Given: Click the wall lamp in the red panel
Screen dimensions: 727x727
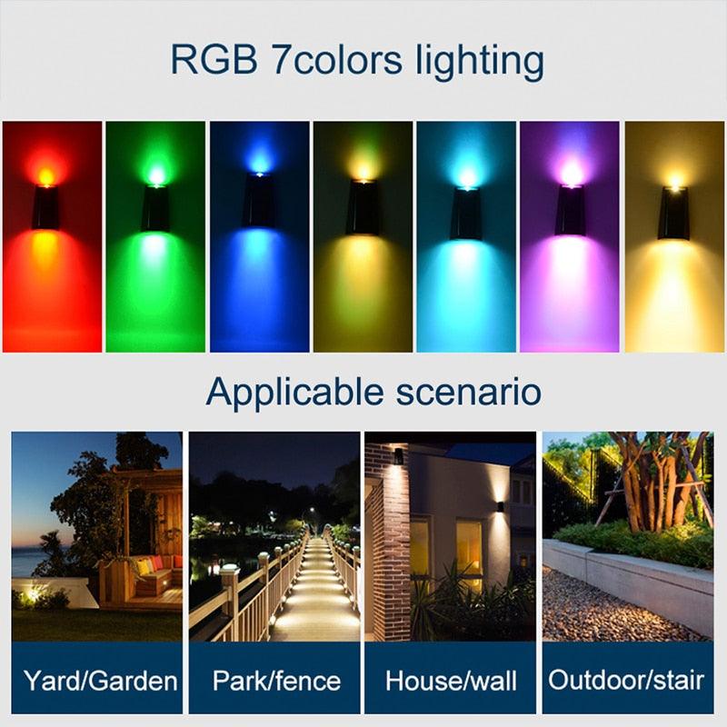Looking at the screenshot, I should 46,208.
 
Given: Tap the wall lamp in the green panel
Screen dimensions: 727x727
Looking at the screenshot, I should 154,208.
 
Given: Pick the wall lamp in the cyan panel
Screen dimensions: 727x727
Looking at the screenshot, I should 465,214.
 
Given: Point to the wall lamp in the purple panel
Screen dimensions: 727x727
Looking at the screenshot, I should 571,210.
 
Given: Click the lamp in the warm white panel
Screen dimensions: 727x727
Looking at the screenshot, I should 673,213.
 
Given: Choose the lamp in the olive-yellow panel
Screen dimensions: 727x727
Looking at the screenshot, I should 363,208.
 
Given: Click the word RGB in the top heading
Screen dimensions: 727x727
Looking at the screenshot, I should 210,61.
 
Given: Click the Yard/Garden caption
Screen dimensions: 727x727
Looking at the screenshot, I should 99,680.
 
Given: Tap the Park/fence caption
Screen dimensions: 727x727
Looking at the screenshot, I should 276,680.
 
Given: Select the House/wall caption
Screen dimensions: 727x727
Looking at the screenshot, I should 452,680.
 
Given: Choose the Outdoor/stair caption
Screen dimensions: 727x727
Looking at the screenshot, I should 627,680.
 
